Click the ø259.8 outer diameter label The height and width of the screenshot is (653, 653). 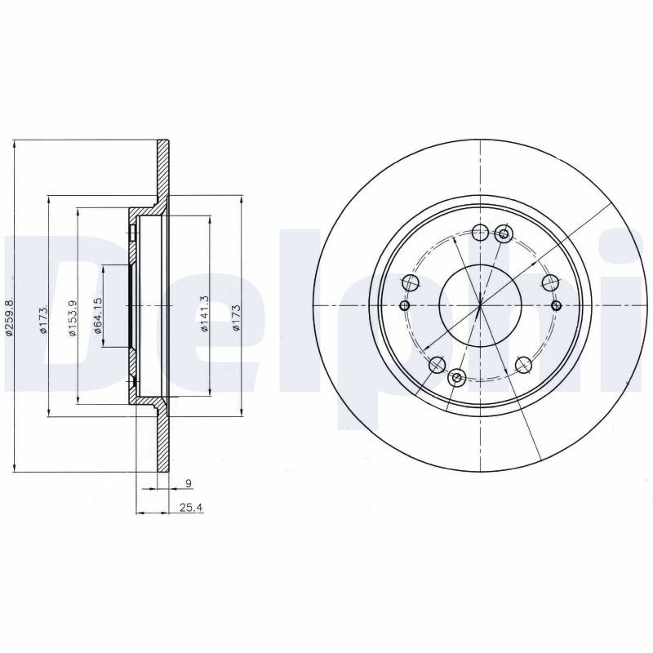[x=9, y=316]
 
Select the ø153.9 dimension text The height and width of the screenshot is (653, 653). [x=73, y=318]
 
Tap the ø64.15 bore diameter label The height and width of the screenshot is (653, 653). [x=98, y=315]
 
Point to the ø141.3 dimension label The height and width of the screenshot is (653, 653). [x=203, y=313]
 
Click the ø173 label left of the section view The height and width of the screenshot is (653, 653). [x=43, y=319]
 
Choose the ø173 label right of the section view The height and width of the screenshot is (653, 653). [x=236, y=318]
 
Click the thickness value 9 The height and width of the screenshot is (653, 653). [x=189, y=483]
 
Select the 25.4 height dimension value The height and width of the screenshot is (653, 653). [x=191, y=507]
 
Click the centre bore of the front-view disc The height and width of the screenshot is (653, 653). [x=480, y=306]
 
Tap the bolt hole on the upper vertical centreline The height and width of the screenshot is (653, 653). [x=481, y=233]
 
